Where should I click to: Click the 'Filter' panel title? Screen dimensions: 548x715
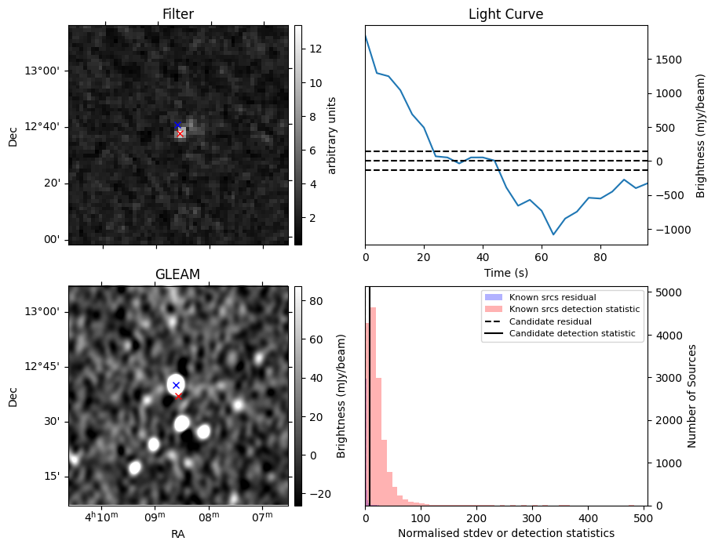[x=177, y=14]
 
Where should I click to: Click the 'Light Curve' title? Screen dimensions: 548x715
[x=505, y=14]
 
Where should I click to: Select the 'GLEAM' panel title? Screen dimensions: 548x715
[x=177, y=274]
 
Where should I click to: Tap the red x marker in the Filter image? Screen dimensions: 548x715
[x=180, y=134]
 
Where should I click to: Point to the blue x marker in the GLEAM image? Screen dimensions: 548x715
[x=176, y=385]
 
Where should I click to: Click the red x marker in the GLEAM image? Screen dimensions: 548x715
[x=178, y=396]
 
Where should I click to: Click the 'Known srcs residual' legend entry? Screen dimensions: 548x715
[x=552, y=298]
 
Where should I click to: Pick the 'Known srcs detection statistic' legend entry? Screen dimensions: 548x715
[x=574, y=310]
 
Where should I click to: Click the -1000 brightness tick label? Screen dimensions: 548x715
[x=670, y=230]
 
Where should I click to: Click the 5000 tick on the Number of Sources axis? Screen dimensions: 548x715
[x=667, y=292]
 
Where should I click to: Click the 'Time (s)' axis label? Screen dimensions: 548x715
[x=505, y=272]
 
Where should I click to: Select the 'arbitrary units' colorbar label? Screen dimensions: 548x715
[x=332, y=135]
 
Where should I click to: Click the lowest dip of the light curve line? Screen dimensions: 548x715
[x=553, y=234]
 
